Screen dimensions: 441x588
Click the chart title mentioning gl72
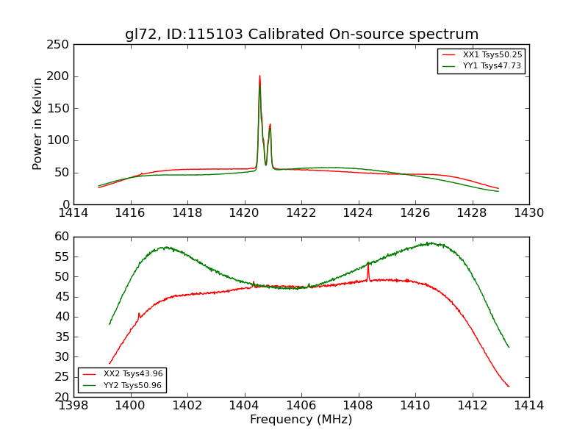[x=301, y=35]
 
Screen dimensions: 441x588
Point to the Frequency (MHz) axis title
[x=301, y=420]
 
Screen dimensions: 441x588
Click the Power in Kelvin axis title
[x=38, y=123]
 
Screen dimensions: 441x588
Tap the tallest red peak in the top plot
[x=259, y=76]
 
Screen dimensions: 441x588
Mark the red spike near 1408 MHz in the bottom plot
[x=368, y=265]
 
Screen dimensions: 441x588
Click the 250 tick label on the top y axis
[x=60, y=45]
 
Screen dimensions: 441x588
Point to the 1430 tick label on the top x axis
[x=528, y=213]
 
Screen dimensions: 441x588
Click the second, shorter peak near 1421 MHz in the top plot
[x=270, y=124]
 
